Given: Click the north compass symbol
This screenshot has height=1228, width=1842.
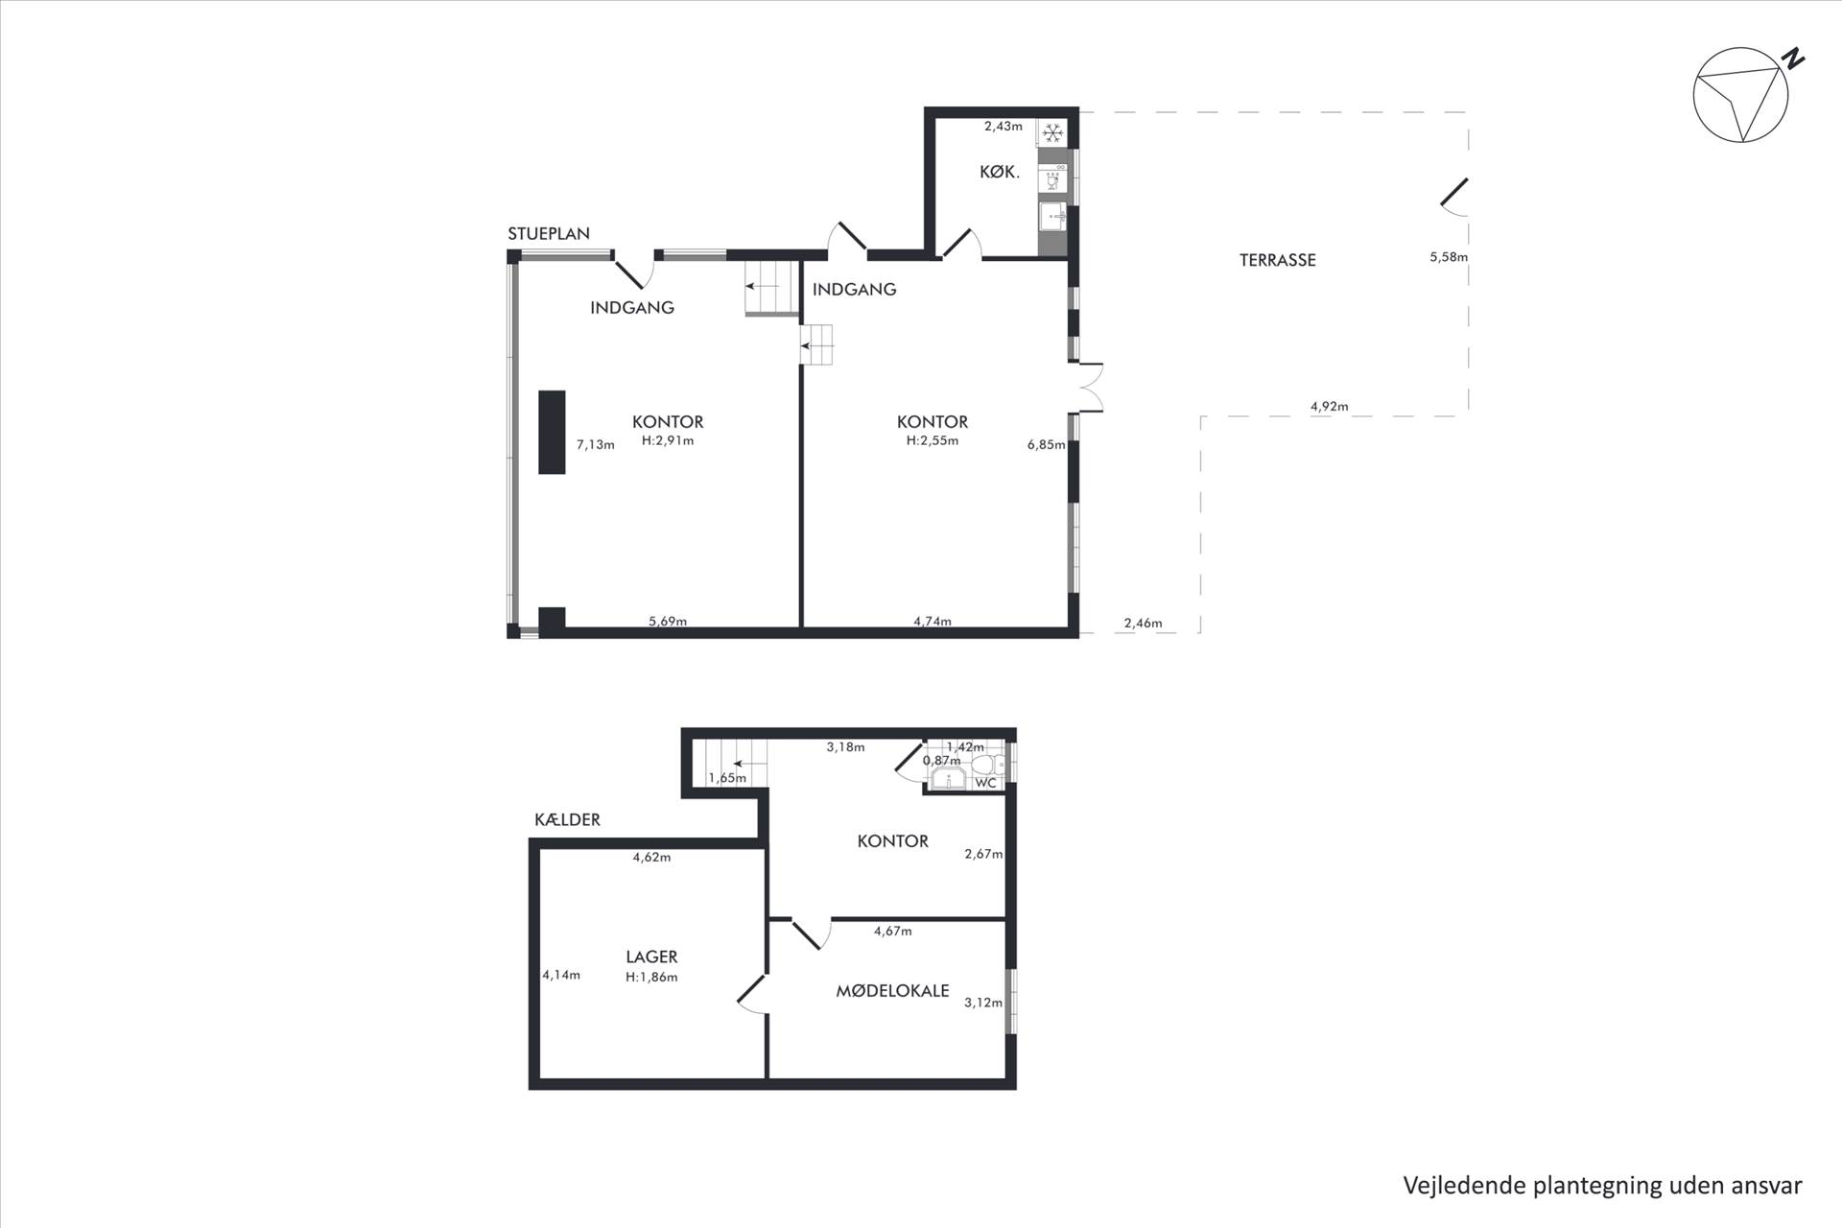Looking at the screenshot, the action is [x=1741, y=96].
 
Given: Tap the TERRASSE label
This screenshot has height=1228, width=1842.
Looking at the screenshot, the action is [x=1277, y=260].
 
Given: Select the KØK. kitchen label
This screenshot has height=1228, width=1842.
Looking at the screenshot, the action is [x=999, y=172].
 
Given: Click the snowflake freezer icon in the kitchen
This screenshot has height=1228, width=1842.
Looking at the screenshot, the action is [x=1052, y=132].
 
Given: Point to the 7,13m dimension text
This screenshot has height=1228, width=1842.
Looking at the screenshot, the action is [x=595, y=444].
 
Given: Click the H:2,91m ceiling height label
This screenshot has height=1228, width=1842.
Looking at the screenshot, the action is [x=668, y=441].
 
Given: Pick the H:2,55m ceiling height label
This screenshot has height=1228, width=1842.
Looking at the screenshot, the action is [x=933, y=441].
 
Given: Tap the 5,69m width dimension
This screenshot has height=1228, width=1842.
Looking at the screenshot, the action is [x=668, y=621].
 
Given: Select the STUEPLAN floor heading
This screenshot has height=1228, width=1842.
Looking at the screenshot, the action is [x=549, y=233].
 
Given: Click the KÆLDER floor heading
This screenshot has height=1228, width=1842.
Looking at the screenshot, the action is [x=567, y=819].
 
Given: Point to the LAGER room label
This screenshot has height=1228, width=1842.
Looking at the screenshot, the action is [x=651, y=956].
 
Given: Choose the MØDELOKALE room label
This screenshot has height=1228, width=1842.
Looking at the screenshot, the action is [x=892, y=991].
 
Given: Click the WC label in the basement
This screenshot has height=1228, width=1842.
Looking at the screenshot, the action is [x=986, y=783].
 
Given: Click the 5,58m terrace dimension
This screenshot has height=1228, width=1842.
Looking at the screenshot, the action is [x=1449, y=257].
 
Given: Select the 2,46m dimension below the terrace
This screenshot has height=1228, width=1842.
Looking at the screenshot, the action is [x=1143, y=624].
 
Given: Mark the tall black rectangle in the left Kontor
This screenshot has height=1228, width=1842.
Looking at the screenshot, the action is [x=552, y=432].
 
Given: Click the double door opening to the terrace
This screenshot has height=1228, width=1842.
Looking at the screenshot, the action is [x=1088, y=388].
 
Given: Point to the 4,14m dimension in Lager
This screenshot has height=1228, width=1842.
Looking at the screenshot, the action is [x=561, y=975].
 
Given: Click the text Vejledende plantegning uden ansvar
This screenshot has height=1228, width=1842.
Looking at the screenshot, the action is [x=1602, y=1186].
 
